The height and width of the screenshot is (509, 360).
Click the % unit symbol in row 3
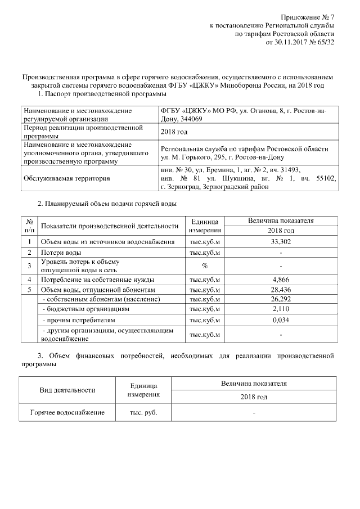(x=205, y=265)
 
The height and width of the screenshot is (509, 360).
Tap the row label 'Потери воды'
(x=61, y=253)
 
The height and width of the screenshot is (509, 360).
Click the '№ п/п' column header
(x=29, y=226)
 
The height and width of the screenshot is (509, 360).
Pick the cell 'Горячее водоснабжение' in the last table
(x=67, y=412)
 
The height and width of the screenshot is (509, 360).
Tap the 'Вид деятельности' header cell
(x=67, y=390)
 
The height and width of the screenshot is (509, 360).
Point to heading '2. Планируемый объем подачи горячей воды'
(x=107, y=204)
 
